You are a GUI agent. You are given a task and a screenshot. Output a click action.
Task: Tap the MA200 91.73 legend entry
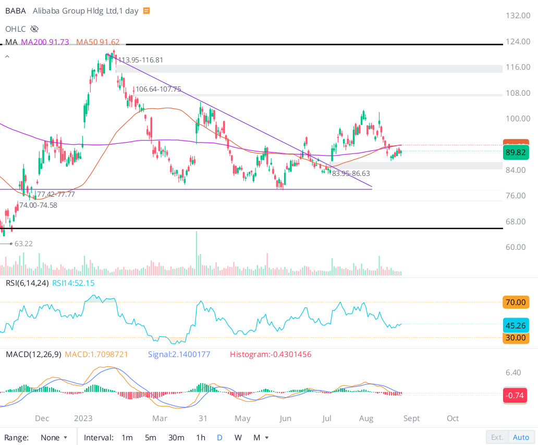pyautogui.click(x=45, y=42)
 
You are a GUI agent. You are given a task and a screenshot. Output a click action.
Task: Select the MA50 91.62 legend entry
pyautogui.click(x=98, y=42)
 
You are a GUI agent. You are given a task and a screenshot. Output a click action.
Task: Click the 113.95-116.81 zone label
pyautogui.click(x=141, y=60)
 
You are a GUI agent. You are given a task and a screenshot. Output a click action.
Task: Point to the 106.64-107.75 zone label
pyautogui.click(x=158, y=89)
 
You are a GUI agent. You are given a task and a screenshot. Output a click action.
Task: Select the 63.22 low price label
pyautogui.click(x=23, y=243)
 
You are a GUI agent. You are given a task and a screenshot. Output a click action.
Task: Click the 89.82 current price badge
pyautogui.click(x=515, y=152)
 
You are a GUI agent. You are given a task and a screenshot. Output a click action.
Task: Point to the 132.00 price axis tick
pyautogui.click(x=518, y=16)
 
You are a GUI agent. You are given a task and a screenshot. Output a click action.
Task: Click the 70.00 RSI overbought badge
pyautogui.click(x=515, y=302)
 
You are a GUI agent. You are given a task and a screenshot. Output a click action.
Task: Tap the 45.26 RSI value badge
pyautogui.click(x=515, y=326)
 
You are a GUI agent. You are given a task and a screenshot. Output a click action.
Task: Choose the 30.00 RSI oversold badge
pyautogui.click(x=515, y=337)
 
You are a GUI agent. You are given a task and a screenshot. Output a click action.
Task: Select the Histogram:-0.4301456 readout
pyautogui.click(x=271, y=354)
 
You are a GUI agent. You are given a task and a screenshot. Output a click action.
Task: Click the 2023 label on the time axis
pyautogui.click(x=83, y=418)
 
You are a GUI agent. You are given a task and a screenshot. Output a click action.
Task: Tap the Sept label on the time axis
pyautogui.click(x=411, y=418)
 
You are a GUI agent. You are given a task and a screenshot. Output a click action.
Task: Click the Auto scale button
pyautogui.click(x=521, y=437)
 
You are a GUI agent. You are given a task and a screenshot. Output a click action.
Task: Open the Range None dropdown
pyautogui.click(x=54, y=437)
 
